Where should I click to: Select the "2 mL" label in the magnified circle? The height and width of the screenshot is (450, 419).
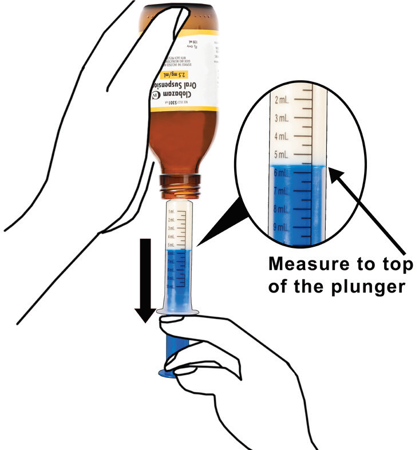[x=283, y=101]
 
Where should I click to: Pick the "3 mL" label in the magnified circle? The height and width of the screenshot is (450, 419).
[x=283, y=119]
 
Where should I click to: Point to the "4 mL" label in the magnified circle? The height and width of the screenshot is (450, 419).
[x=283, y=137]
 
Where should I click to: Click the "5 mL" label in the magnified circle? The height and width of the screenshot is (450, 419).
[x=283, y=155]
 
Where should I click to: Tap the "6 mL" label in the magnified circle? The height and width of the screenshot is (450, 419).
[x=283, y=173]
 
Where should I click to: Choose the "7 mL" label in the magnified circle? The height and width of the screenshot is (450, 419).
[x=283, y=191]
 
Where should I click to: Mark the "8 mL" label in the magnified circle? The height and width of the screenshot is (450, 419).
[x=283, y=209]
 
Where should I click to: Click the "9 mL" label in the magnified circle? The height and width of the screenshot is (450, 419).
[x=283, y=227]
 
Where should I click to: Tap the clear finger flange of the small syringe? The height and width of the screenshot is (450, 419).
[x=178, y=312]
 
